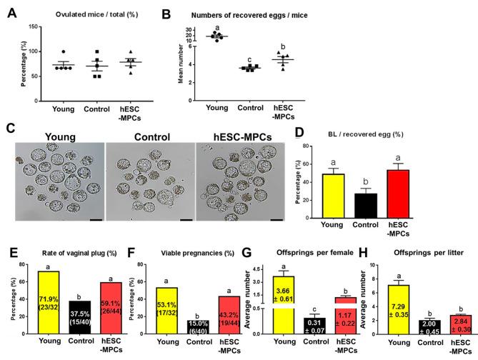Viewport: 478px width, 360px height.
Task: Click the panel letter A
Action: click(11, 10)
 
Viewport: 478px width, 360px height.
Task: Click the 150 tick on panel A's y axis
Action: click(29, 26)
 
